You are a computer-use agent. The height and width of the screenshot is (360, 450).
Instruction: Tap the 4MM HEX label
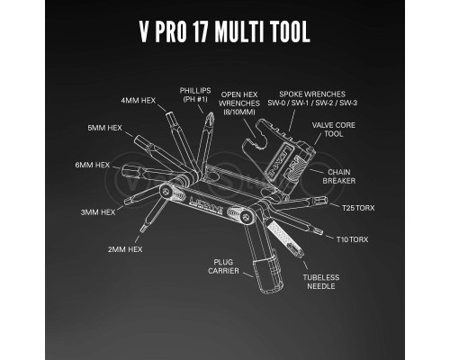[139, 100]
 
